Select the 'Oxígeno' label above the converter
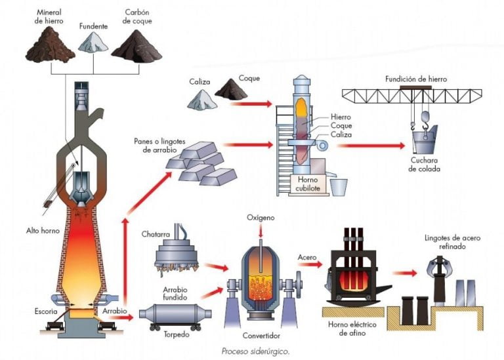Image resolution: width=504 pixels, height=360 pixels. coord(261,217)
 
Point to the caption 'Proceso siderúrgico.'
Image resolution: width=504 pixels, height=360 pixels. coord(255,351)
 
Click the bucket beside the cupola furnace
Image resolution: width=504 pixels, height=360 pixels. coord(339,186)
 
